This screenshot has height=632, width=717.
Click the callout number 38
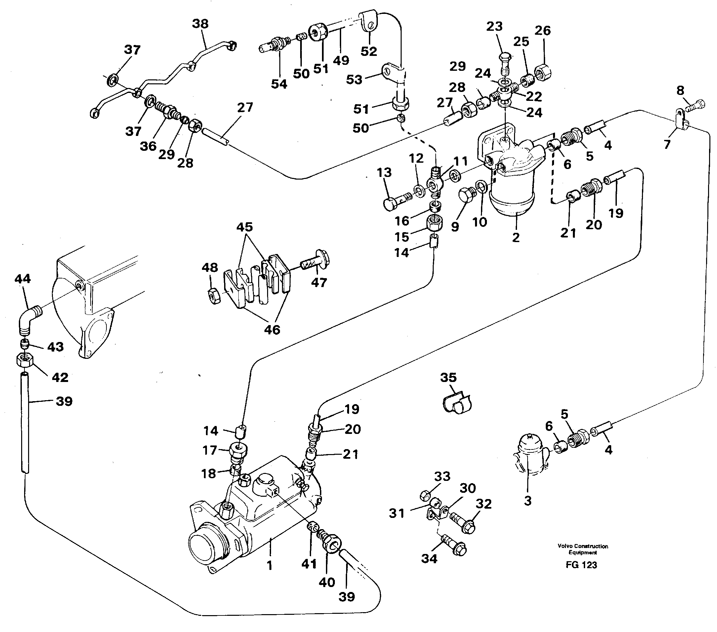[200, 24]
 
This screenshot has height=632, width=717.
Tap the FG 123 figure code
[581, 565]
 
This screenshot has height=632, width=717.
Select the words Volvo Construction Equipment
[583, 549]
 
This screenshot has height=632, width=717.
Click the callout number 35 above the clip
[448, 378]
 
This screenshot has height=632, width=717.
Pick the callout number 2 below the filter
[515, 237]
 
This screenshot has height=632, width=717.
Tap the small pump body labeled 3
[529, 455]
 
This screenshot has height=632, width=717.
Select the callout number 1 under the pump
[269, 565]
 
